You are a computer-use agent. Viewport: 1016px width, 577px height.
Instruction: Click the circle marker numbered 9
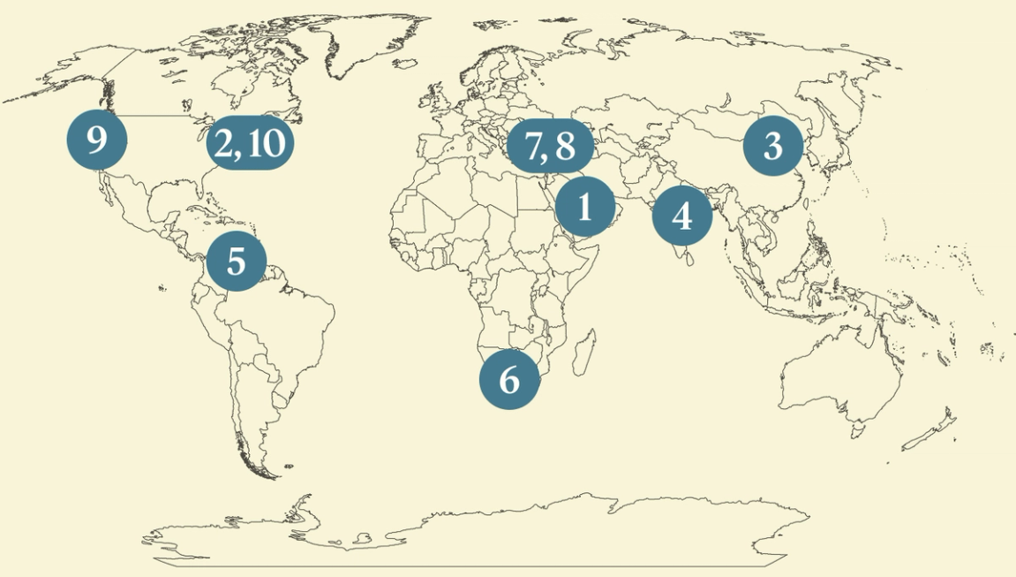tap(96, 139)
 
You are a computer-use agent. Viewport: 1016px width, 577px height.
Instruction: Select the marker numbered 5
tap(236, 261)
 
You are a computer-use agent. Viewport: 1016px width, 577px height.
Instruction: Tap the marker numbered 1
tap(584, 207)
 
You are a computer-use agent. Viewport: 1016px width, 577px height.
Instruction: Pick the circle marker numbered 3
tap(772, 145)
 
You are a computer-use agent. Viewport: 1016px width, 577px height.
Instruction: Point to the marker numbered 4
tap(682, 215)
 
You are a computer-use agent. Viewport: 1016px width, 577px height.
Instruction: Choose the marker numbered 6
tap(509, 379)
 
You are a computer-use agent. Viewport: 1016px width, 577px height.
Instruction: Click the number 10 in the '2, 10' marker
tap(265, 143)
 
